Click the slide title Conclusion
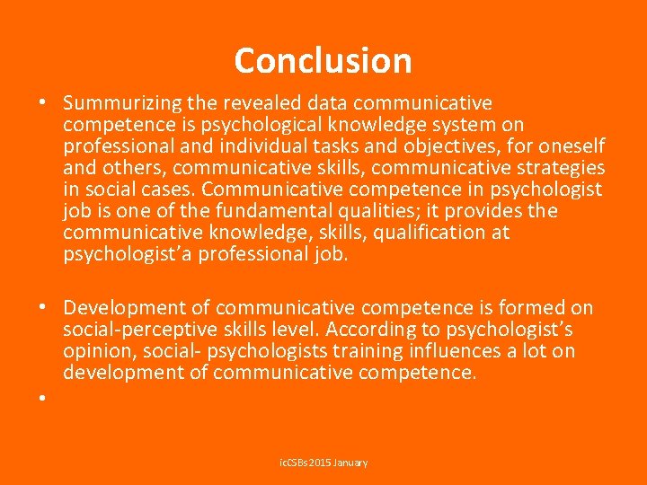coord(323,60)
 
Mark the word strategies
coord(563,168)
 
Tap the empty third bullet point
coord(42,395)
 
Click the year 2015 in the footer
coord(321,463)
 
